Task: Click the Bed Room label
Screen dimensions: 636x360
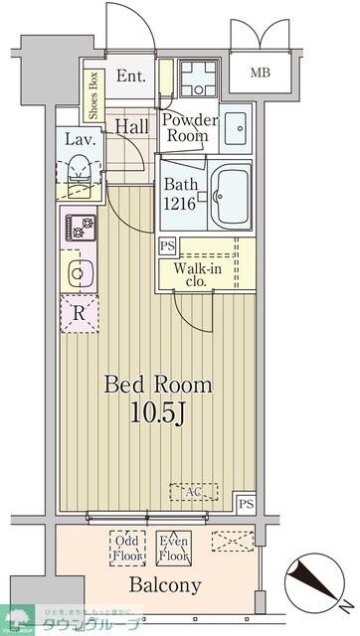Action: (x=159, y=384)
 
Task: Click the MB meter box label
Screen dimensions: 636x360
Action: (x=261, y=73)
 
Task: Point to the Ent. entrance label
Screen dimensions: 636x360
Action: (x=131, y=77)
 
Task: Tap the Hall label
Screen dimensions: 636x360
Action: (x=131, y=126)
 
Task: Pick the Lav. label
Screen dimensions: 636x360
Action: (x=81, y=139)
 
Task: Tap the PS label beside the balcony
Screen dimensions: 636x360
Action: (x=246, y=504)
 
